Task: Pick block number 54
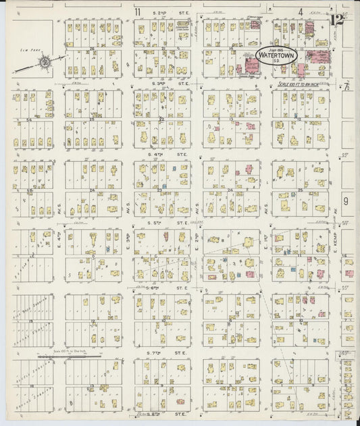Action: point(28,119)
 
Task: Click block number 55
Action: point(28,190)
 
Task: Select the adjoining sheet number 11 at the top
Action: point(137,11)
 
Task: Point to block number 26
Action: point(92,49)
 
